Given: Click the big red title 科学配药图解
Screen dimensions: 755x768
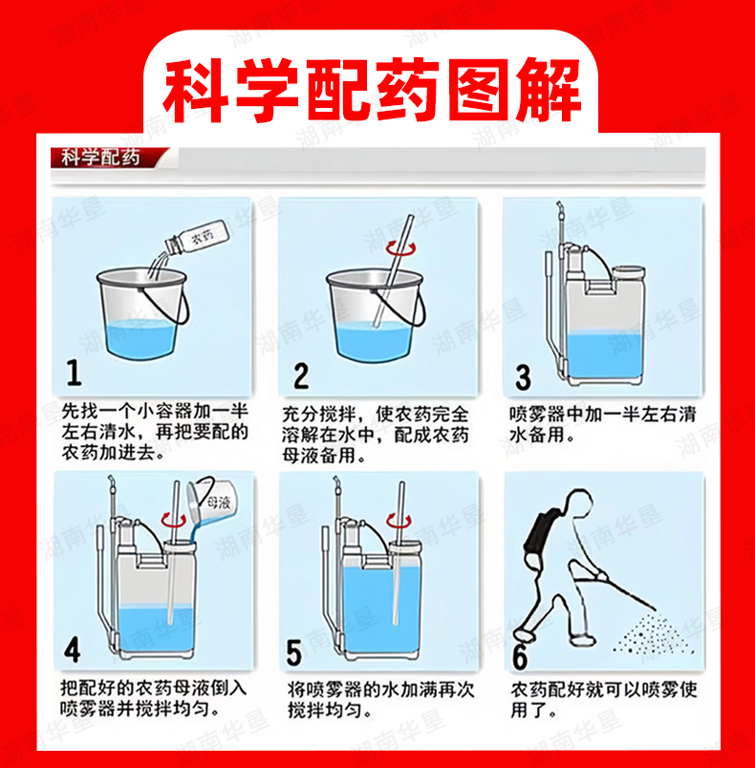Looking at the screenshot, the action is (x=373, y=90).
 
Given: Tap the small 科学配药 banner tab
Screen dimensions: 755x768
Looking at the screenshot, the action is (x=100, y=158).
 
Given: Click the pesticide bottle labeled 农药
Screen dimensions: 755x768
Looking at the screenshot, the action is (x=198, y=237).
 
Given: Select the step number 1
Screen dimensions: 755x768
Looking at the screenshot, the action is (x=74, y=373).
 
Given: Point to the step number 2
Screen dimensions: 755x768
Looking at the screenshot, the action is (x=301, y=375).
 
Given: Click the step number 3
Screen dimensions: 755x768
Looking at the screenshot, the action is (x=524, y=377).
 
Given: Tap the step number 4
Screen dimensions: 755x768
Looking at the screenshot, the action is (x=72, y=651).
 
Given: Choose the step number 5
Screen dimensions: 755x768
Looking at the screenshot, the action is (x=294, y=653).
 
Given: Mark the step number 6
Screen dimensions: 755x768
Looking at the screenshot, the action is (x=520, y=657).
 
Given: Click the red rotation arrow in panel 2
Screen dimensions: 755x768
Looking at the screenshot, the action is (x=400, y=248).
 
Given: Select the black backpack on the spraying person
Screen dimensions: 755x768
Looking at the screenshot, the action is (x=539, y=532).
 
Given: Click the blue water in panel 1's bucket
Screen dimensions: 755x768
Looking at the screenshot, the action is (x=140, y=339).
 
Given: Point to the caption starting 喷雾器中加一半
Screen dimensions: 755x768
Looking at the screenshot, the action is (x=602, y=425).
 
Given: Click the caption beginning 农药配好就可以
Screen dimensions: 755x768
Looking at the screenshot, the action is (x=604, y=699).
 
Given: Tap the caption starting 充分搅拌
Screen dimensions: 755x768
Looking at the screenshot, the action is (x=376, y=435).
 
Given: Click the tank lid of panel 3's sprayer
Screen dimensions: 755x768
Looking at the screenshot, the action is (x=629, y=272).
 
